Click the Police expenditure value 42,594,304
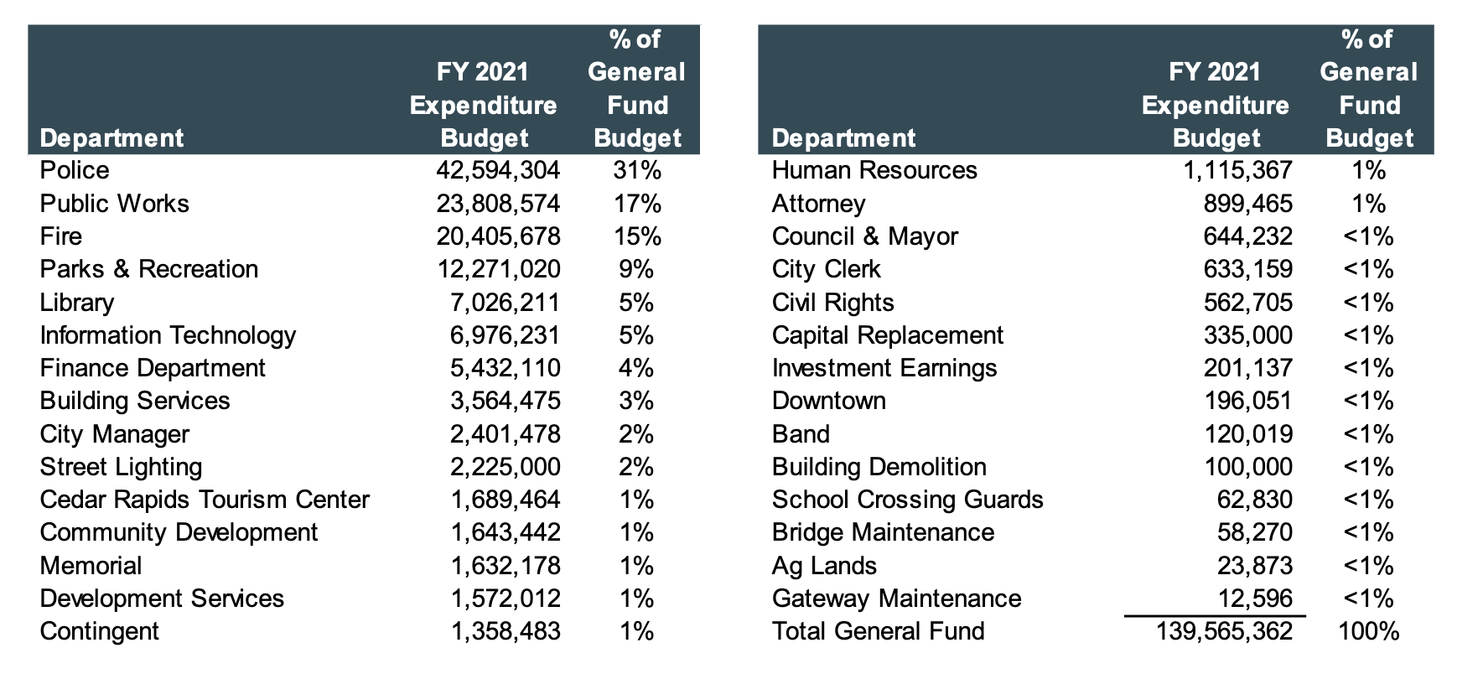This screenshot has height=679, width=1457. [x=498, y=170]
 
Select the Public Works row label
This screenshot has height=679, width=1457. [x=115, y=204]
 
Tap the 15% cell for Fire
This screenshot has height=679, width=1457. [x=637, y=236]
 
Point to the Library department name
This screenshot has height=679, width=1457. [x=77, y=303]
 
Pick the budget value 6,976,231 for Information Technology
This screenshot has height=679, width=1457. [x=505, y=335]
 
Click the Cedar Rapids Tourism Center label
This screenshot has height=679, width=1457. [x=205, y=500]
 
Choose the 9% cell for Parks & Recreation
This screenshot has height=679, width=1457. [x=637, y=269]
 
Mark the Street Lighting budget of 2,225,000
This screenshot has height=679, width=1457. [x=505, y=467]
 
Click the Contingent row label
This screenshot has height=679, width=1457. [x=99, y=631]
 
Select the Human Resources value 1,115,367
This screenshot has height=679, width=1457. [x=1237, y=170]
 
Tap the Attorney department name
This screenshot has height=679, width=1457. [x=818, y=204]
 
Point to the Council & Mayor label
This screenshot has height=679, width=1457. [x=864, y=236]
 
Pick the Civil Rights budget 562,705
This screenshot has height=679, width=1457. [x=1248, y=303]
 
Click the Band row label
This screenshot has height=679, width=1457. [x=801, y=434]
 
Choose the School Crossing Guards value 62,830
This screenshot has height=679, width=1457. [x=1255, y=500]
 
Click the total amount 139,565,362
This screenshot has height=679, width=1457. [x=1224, y=631]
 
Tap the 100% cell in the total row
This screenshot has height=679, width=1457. [x=1369, y=631]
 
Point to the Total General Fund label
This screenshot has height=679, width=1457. [x=878, y=631]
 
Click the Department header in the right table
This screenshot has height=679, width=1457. [x=843, y=138]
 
